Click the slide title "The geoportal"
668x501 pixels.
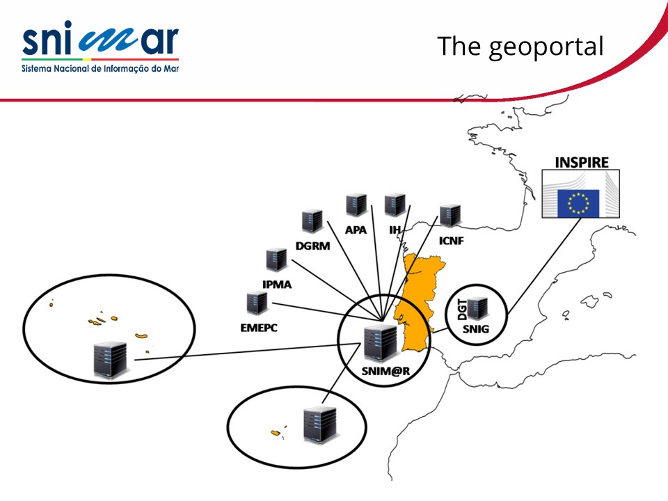point(520,47)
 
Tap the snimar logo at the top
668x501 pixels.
point(100,48)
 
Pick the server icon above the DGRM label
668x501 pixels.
point(312,221)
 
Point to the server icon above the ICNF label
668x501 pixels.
point(450,216)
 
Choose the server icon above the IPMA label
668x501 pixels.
point(276,260)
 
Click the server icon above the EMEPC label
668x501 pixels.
point(257,303)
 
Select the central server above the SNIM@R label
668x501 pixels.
point(380,342)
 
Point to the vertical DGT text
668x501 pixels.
point(462,309)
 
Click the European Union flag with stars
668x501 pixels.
point(578,202)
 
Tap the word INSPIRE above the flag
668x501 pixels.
point(582,163)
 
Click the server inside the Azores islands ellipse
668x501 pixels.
point(110,360)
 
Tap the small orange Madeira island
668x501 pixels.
point(276,434)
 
